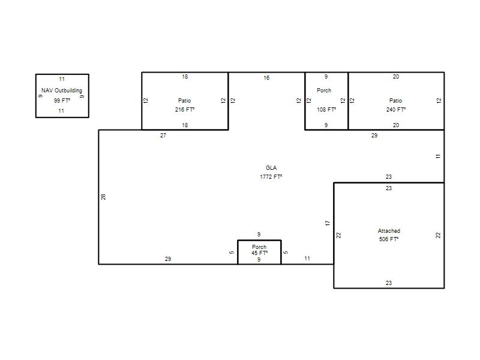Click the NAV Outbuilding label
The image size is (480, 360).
coord(62,91)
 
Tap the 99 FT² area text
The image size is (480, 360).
coord(62,100)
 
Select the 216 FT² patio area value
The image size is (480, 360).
coord(185,109)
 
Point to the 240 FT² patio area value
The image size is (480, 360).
coord(396,109)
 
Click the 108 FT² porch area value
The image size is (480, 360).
coord(326,109)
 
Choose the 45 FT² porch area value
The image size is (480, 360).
coord(260,253)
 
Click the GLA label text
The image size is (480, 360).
coord(271,168)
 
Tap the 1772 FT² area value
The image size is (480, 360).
coord(271,176)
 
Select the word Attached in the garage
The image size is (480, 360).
coord(389,231)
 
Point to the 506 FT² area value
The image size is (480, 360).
coord(389,239)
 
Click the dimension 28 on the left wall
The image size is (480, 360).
coord(103,197)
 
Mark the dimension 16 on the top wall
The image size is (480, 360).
coord(266,78)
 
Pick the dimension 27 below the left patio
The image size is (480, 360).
coord(163,136)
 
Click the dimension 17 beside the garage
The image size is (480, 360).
coord(328,223)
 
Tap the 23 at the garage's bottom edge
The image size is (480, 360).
coord(389,283)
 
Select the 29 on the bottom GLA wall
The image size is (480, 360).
coord(168,259)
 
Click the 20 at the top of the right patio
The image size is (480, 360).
coord(396,77)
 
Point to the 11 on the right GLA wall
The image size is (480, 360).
coord(438,157)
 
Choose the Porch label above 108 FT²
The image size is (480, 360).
coord(324,91)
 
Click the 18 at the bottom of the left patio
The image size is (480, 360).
coord(185,125)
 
